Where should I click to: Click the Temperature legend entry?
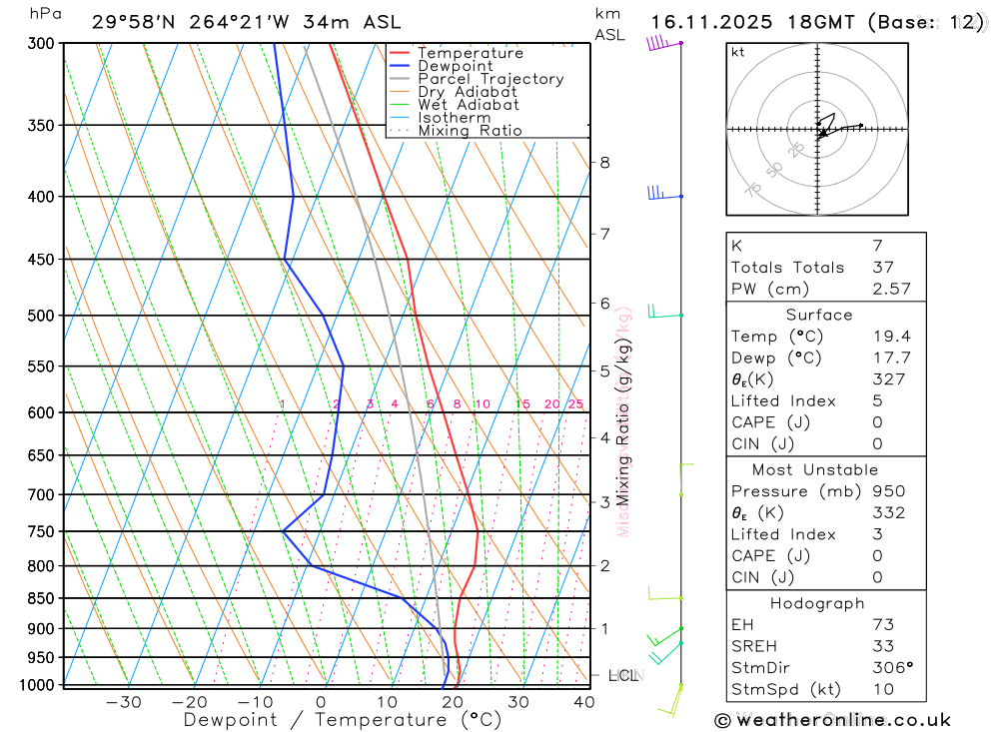tap(470, 53)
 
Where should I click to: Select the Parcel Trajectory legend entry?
tap(491, 79)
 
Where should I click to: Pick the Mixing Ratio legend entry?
tap(470, 131)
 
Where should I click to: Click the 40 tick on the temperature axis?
tap(583, 702)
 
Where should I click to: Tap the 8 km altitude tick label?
tap(604, 163)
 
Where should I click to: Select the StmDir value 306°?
tap(890, 668)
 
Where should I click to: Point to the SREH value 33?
tap(882, 646)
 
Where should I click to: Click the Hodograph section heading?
tap(817, 604)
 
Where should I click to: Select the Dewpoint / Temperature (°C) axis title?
tap(342, 719)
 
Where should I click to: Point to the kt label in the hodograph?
tap(738, 52)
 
